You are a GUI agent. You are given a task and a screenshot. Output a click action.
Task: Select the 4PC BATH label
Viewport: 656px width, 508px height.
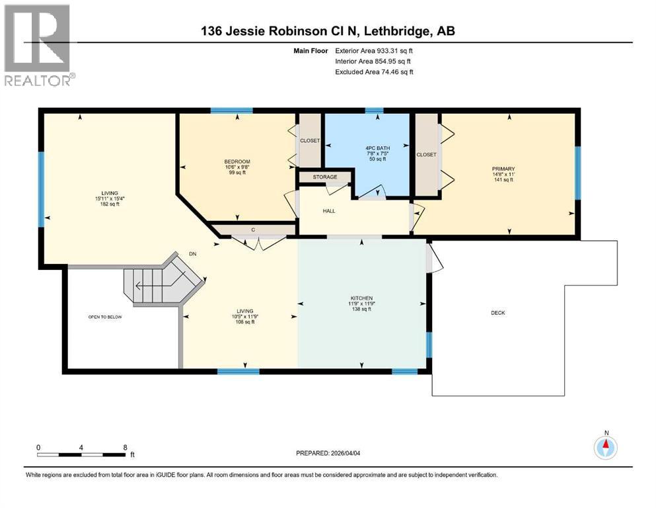coord(375,148)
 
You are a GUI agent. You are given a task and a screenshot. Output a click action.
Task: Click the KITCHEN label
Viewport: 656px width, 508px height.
coord(361,298)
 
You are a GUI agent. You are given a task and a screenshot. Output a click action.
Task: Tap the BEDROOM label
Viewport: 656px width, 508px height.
coord(237,162)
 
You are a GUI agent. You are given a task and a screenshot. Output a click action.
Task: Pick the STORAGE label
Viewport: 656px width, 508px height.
coord(325,177)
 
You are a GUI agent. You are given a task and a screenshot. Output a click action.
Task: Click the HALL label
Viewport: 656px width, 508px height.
coord(329,211)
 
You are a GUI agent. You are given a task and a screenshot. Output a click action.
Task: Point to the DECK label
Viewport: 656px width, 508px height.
coord(497,313)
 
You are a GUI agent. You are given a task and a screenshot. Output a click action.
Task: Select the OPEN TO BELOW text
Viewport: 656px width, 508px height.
coord(105,317)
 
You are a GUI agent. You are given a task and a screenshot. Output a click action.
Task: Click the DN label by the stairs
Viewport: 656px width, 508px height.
coord(192,253)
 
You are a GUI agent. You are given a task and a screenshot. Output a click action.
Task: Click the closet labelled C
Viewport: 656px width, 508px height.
coord(252,230)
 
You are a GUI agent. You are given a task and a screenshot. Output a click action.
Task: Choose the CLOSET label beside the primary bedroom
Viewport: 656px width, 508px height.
coord(426,154)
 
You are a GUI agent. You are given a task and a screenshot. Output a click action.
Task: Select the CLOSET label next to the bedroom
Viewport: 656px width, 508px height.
coord(309,140)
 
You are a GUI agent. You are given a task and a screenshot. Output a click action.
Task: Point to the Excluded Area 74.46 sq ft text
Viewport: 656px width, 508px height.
coord(374,71)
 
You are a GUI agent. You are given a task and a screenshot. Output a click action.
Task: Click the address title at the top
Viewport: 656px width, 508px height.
coord(328,31)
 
